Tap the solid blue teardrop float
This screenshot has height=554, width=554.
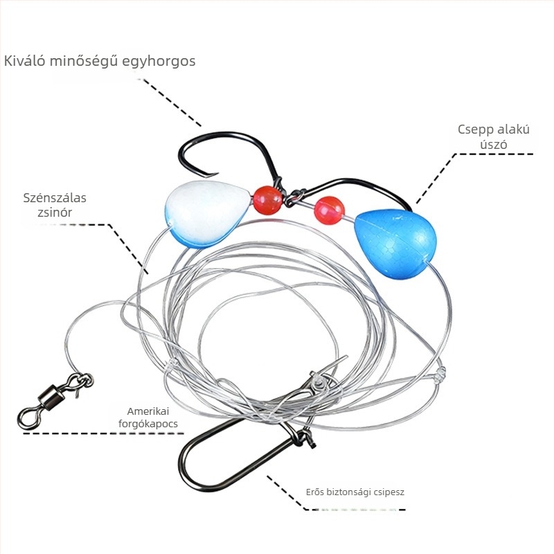pos(395,244)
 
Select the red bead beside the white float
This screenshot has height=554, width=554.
pos(267,200)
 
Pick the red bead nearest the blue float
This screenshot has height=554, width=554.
pos(329,211)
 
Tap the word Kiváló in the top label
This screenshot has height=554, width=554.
pos(25,61)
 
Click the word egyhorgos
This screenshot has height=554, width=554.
pos(159,62)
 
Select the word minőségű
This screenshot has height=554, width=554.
pos(84,61)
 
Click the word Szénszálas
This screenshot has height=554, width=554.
pos(55,197)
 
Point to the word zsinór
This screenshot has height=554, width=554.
pos(55,213)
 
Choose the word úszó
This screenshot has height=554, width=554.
pos(494,144)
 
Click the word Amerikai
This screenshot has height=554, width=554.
pos(148,411)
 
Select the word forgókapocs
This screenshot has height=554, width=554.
pos(148,424)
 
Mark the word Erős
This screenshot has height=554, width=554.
pos(315,492)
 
